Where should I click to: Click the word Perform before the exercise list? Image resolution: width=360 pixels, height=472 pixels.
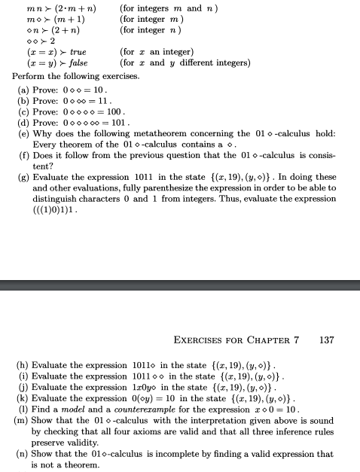31,77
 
